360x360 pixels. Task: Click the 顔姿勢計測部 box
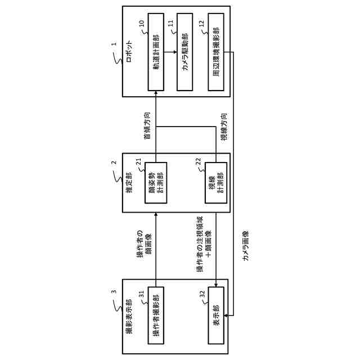click(155, 186)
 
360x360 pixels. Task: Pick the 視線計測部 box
click(216, 186)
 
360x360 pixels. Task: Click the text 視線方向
click(224, 128)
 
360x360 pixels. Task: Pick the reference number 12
click(202, 24)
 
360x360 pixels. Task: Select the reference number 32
click(202, 293)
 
